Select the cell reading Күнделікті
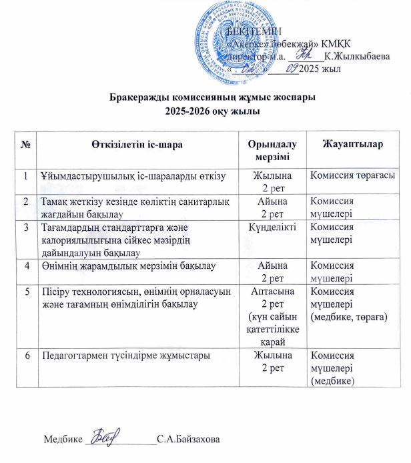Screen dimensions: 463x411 (273, 229)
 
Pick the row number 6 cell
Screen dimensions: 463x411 (25, 356)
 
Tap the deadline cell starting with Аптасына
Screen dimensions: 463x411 (273, 316)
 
